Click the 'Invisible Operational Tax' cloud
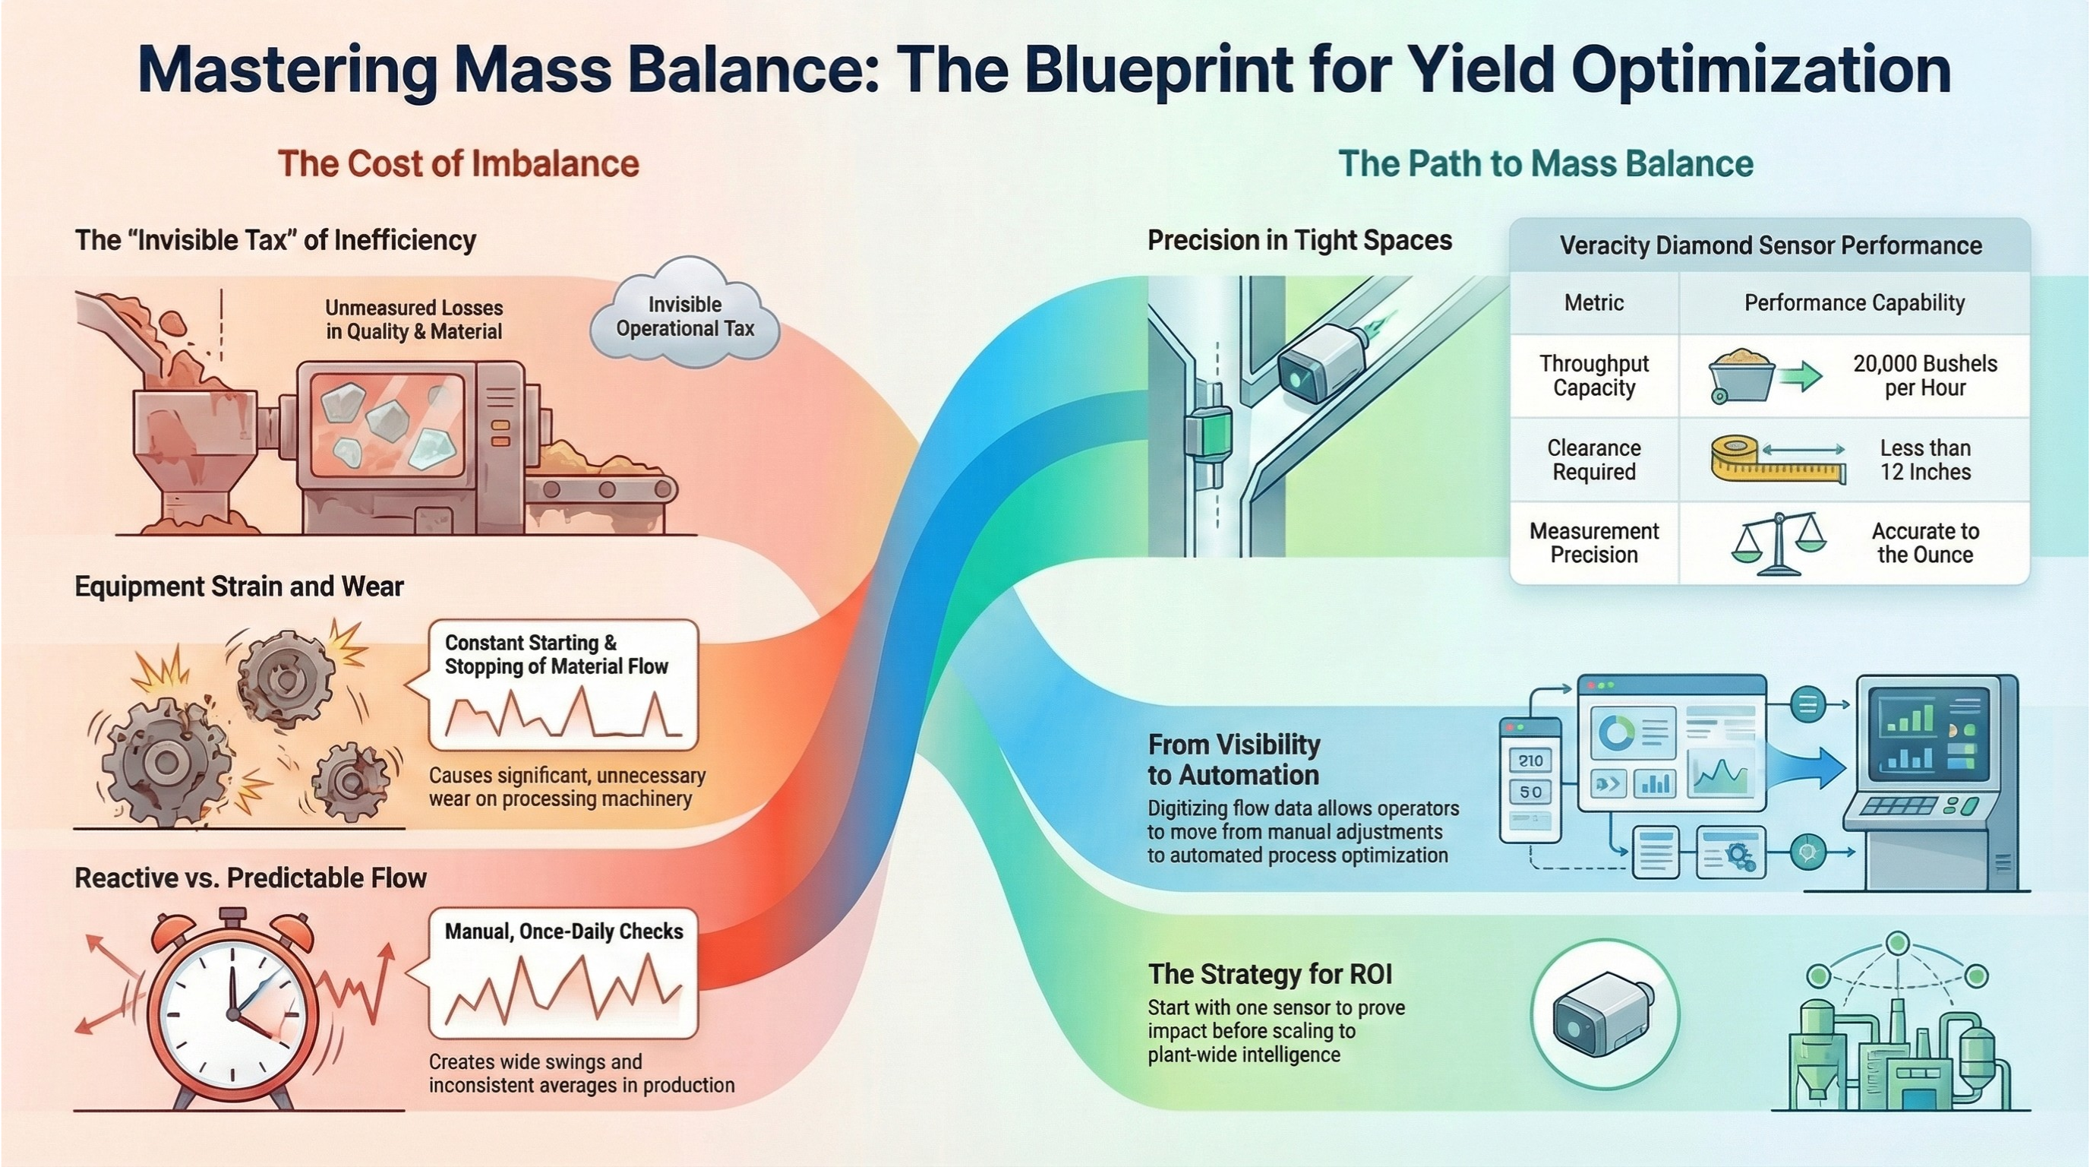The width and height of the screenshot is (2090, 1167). point(685,317)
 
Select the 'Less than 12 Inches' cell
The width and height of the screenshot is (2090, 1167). point(1924,460)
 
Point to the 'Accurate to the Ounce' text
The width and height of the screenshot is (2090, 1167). point(1924,542)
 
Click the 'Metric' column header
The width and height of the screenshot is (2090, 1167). point(1593,302)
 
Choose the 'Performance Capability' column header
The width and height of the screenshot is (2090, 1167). point(1854,302)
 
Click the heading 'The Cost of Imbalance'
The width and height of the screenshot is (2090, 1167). point(459,163)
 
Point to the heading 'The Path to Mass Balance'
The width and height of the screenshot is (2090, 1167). point(1545,163)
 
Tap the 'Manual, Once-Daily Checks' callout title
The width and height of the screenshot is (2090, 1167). point(564,931)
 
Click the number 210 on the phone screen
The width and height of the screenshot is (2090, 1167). point(1530,761)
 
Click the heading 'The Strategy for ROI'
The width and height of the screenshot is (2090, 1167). point(1271,973)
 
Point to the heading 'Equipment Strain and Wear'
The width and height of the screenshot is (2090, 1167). point(238,586)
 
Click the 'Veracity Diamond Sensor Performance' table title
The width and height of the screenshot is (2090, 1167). point(1770,245)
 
